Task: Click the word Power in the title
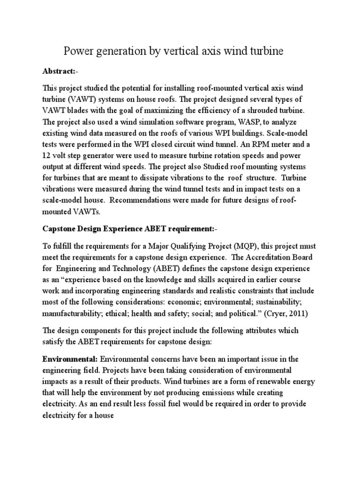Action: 78,51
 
